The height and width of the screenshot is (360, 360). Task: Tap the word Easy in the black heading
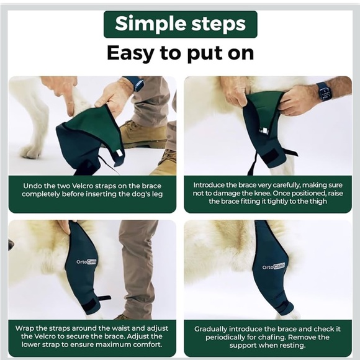coord(130,53)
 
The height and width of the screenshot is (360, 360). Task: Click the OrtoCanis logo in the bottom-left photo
coord(86,262)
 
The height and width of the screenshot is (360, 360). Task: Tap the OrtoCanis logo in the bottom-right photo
coord(274,266)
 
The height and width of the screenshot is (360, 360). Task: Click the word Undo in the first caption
coord(32,186)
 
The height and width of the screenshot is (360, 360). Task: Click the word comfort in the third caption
coord(146,344)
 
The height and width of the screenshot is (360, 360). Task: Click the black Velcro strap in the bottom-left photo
coord(91,308)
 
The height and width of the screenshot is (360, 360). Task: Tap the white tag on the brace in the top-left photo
coord(119,153)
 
